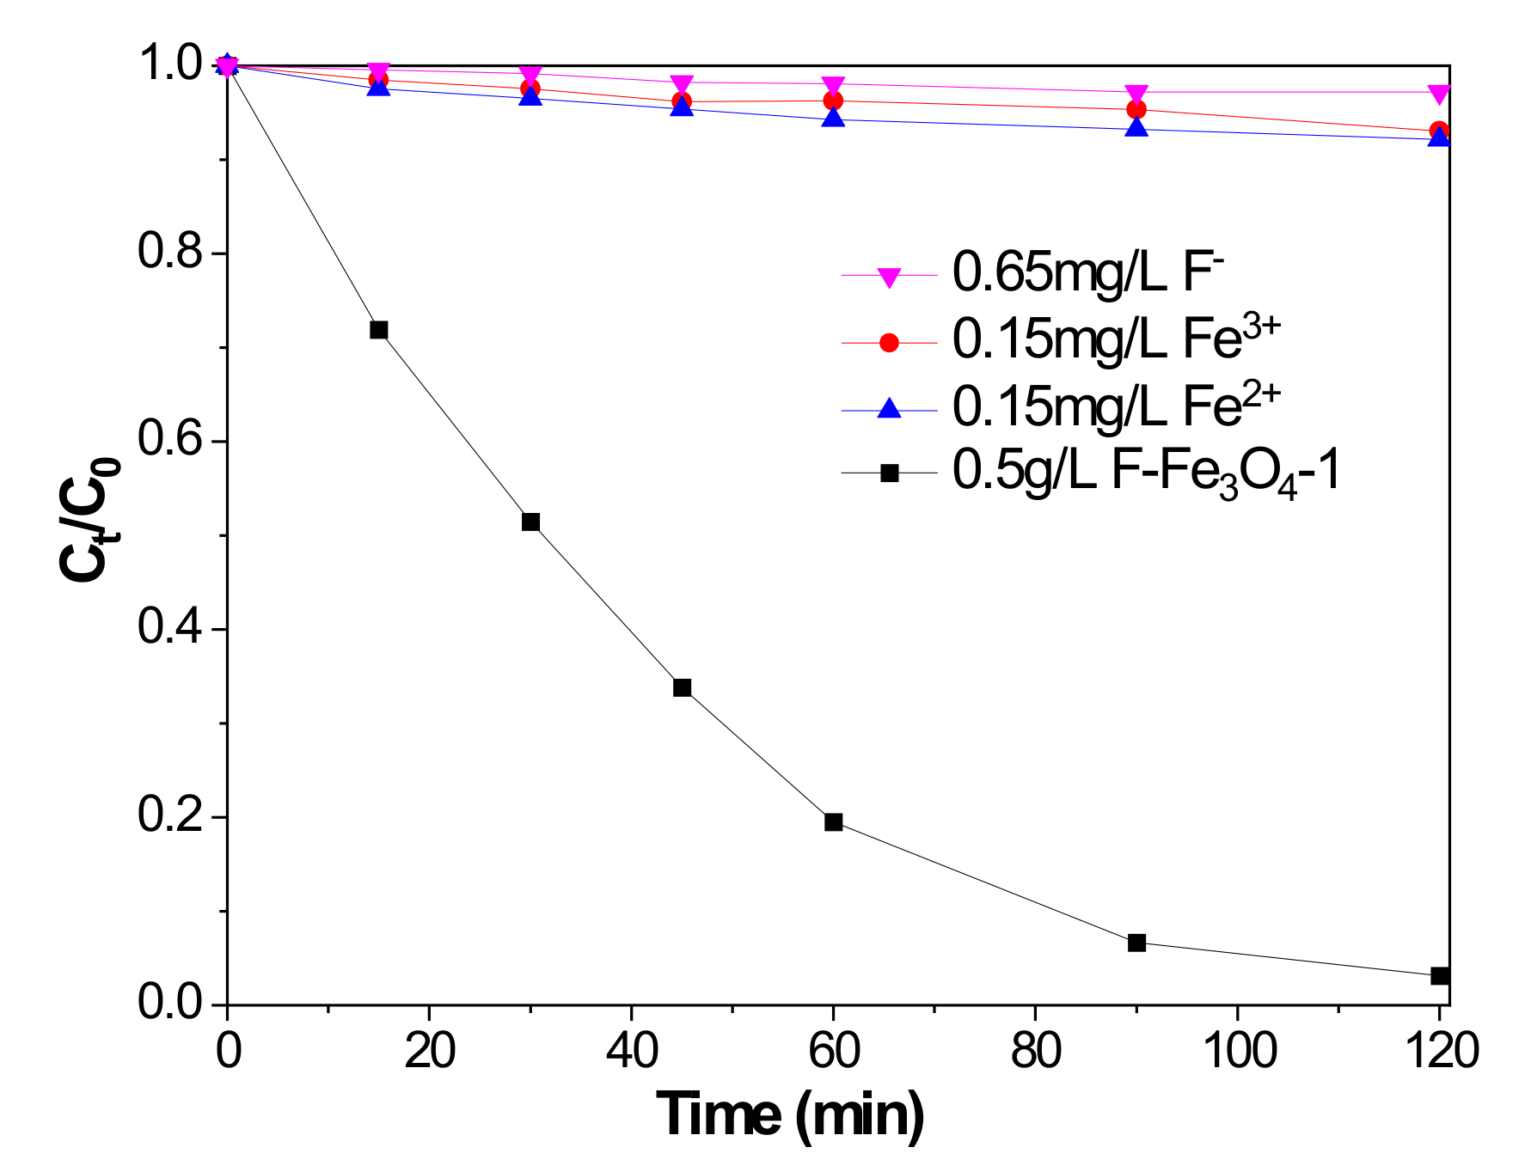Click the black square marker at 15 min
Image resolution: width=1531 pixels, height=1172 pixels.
378,330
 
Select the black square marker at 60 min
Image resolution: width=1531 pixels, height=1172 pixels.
833,821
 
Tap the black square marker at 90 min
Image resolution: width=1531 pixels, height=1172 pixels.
1136,943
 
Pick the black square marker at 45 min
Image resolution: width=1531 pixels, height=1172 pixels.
682,687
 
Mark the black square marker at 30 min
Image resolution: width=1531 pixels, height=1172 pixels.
530,522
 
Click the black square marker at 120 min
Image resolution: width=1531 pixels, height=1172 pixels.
1439,975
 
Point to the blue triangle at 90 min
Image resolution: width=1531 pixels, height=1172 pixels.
1136,128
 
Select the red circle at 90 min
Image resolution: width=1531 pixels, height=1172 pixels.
1136,109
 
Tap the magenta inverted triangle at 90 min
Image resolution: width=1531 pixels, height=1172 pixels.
1136,93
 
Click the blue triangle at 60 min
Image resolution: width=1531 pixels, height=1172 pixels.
833,118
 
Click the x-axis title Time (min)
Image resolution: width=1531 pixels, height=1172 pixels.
790,1114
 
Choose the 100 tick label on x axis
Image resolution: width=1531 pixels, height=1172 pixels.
1238,1050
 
